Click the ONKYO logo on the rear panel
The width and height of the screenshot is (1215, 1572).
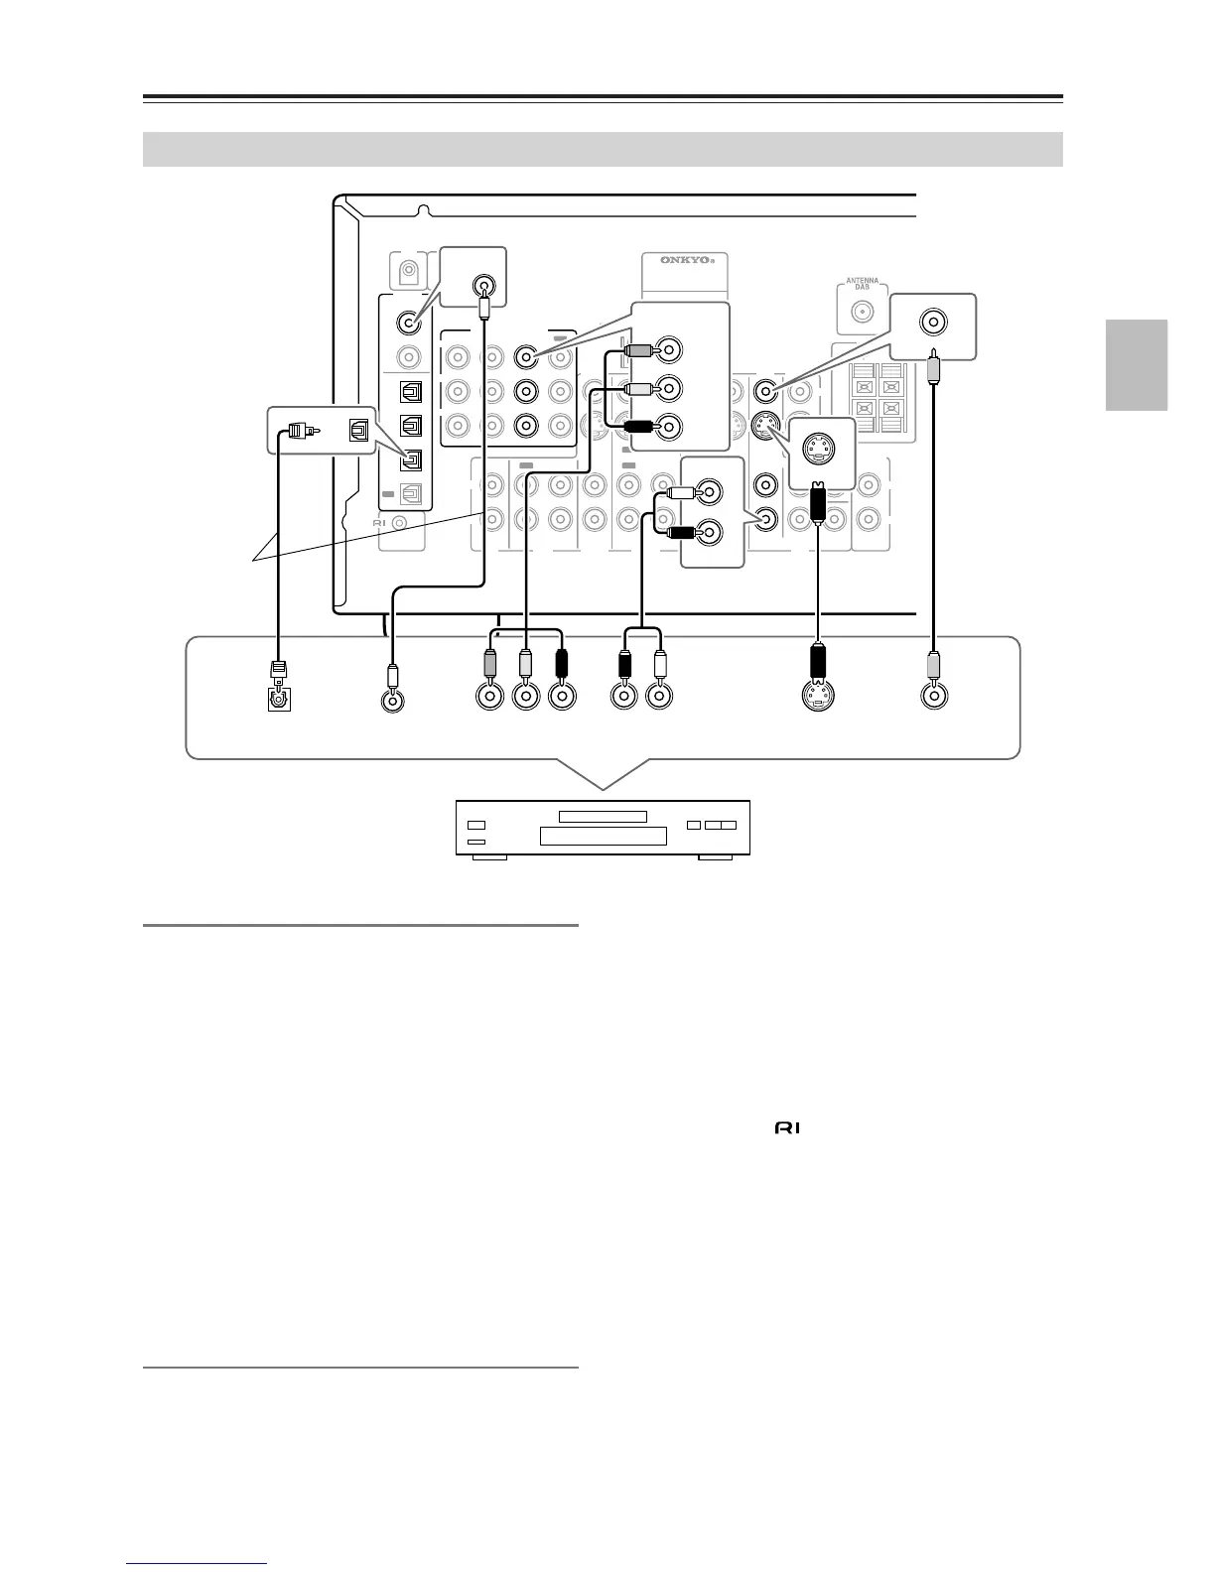pos(685,260)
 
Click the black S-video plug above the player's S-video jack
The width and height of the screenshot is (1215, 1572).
pos(818,660)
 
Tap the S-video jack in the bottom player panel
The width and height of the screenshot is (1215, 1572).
pos(818,697)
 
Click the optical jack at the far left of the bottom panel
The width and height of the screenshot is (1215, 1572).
pos(279,699)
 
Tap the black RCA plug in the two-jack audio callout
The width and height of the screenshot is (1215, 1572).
pos(681,533)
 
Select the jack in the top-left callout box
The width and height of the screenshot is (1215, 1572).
pos(483,287)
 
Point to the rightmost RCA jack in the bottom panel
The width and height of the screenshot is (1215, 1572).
pos(933,697)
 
